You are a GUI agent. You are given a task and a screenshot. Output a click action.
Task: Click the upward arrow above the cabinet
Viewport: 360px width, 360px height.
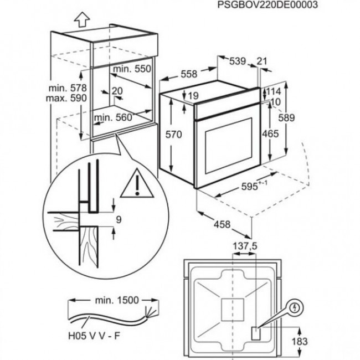coord(81,20)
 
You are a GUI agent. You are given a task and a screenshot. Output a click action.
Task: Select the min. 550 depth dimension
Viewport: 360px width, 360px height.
coord(132,70)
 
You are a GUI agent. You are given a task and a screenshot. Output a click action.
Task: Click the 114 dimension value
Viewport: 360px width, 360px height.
coord(276,91)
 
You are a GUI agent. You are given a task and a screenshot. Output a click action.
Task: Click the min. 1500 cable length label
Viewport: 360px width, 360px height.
coord(107,300)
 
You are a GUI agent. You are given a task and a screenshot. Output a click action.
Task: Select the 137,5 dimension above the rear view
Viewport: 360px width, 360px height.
coord(244,245)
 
